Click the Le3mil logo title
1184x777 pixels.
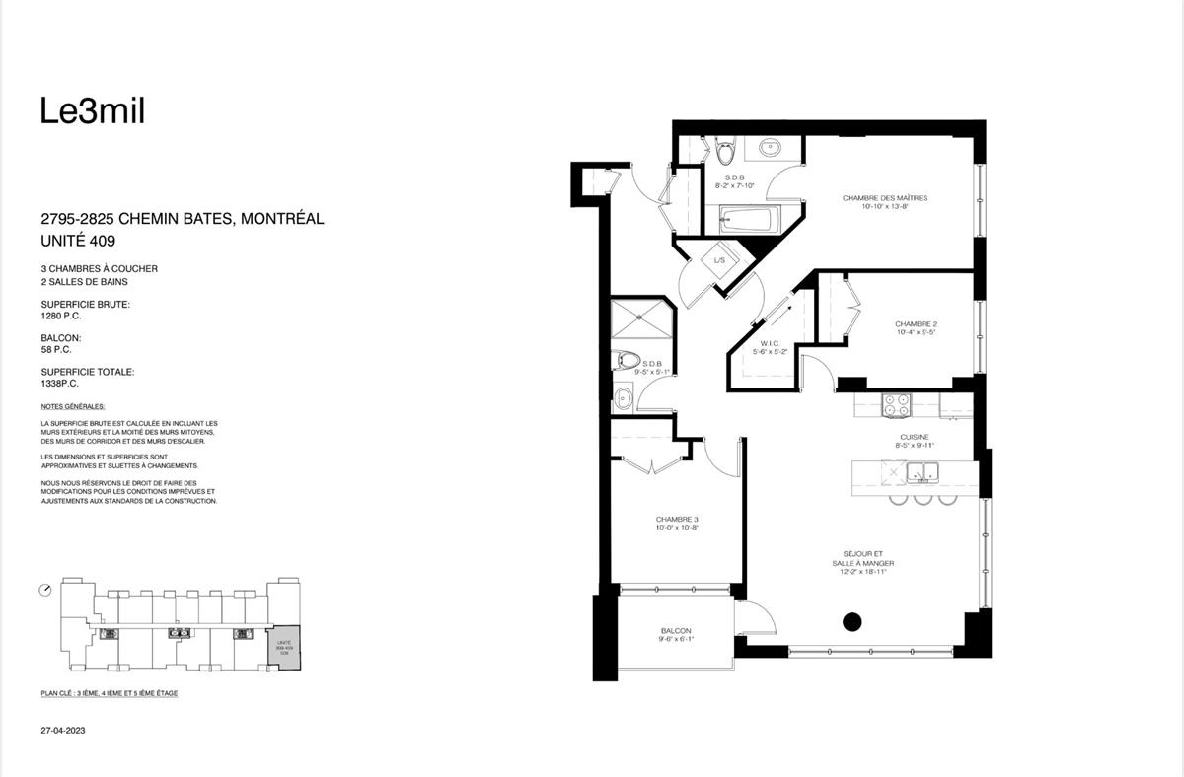coord(93,112)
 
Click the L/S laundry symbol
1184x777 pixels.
coord(720,259)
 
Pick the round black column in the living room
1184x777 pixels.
coord(851,622)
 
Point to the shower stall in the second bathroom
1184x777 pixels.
coord(641,319)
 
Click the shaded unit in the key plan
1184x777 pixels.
coord(283,646)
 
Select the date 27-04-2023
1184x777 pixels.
coord(60,732)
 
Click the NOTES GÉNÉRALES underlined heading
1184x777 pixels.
coord(73,406)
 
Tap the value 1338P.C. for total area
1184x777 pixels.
coord(60,384)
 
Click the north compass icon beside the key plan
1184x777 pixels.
coord(45,590)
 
